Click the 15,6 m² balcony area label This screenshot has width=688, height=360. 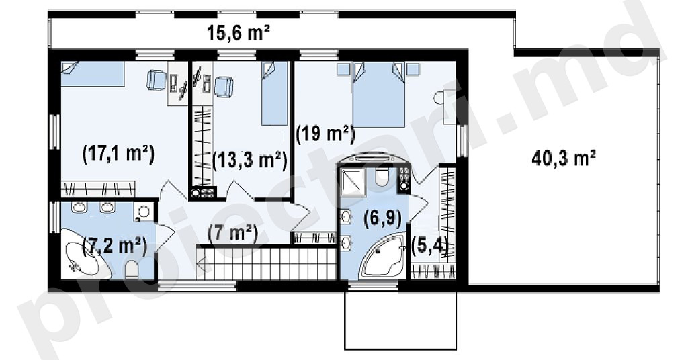(x=238, y=33)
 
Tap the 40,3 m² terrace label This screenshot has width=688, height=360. (x=564, y=158)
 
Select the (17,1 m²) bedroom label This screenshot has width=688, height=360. (x=118, y=154)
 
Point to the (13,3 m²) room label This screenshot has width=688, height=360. (x=250, y=160)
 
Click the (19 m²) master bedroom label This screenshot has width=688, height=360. (x=325, y=134)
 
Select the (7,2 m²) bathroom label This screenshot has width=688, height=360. (x=114, y=244)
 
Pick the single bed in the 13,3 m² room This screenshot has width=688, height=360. (x=275, y=93)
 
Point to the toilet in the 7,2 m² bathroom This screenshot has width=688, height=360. (x=132, y=270)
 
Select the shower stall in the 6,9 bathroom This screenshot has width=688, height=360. (x=352, y=181)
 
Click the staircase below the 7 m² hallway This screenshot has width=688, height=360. (x=266, y=263)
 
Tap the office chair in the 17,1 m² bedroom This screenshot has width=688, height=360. (x=156, y=81)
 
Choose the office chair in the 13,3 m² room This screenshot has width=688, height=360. (x=224, y=86)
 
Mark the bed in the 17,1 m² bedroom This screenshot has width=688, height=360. (x=92, y=74)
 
